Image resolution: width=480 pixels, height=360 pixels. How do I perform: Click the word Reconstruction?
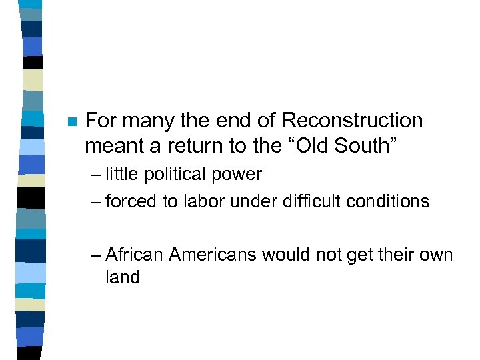352,121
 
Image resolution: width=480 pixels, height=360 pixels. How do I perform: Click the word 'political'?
175,175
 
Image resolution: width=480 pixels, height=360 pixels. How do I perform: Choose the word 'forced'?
131,201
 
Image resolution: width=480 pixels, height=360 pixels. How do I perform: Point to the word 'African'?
135,255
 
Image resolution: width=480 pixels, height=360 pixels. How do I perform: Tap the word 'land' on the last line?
122,277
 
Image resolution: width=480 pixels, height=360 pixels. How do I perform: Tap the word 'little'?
122,175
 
